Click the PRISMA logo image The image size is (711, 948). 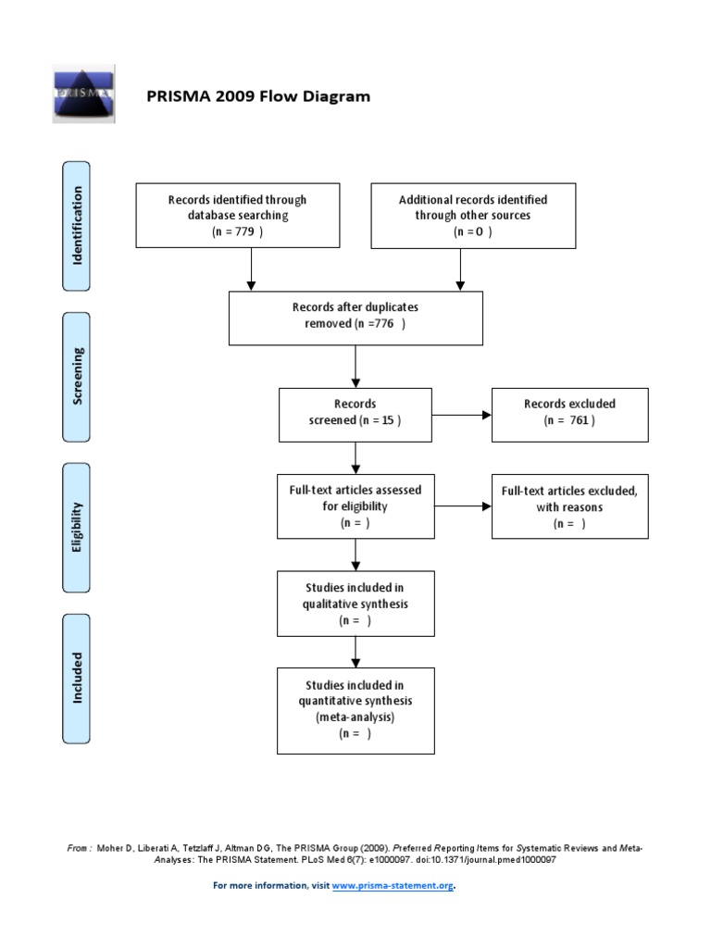(82, 94)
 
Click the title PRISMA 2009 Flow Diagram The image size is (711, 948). (258, 96)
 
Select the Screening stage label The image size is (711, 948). (78, 376)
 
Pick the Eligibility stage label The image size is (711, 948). (78, 528)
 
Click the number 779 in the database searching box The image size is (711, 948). (243, 231)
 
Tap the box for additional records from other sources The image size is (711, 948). (472, 216)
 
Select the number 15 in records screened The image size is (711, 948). (387, 420)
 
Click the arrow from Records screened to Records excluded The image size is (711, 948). (462, 414)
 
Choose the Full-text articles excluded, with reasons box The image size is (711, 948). (569, 506)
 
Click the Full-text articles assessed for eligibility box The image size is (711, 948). (355, 506)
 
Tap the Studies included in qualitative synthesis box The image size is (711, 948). (355, 604)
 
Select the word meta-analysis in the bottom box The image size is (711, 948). (355, 717)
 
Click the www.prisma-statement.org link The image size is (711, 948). (393, 886)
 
